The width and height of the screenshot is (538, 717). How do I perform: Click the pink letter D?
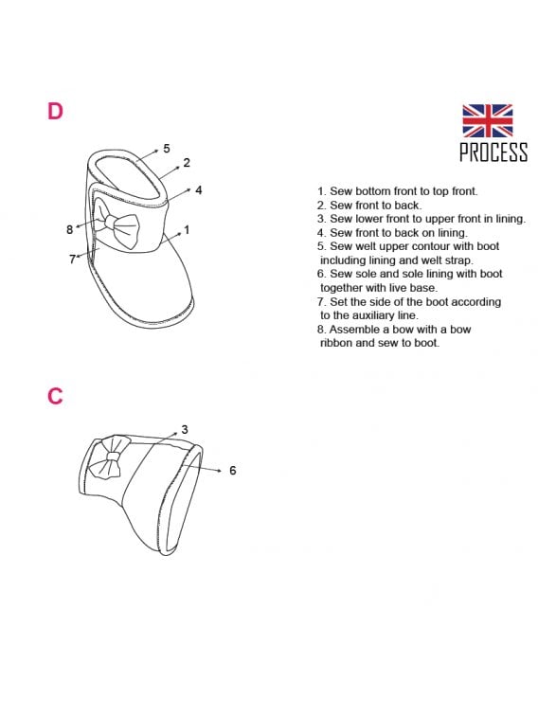(55, 111)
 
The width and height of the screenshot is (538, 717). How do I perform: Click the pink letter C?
(55, 396)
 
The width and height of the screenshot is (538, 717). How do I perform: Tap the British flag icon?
(487, 120)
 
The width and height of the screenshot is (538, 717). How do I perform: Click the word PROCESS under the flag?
(493, 152)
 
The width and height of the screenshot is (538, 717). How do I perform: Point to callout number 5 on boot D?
(167, 148)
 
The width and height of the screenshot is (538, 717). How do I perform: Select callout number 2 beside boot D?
(187, 162)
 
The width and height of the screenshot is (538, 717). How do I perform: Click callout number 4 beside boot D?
(198, 189)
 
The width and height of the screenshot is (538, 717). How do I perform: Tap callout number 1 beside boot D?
(187, 229)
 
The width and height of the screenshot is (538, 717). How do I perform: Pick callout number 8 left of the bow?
(69, 229)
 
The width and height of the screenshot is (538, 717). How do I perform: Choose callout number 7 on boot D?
(72, 260)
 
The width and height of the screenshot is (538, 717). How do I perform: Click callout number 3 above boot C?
(184, 429)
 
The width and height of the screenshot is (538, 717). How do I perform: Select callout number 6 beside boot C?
(233, 470)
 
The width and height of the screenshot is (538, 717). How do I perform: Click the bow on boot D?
(117, 224)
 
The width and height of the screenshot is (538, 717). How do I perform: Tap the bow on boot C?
(109, 457)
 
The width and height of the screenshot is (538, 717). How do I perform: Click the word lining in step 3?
(511, 219)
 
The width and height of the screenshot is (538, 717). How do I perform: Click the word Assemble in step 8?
(350, 329)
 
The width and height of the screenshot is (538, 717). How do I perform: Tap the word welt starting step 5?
(365, 246)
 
